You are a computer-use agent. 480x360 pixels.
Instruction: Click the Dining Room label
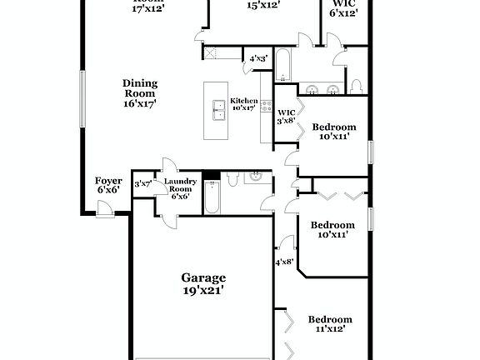[x=140, y=92]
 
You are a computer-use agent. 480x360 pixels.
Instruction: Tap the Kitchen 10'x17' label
[x=244, y=104]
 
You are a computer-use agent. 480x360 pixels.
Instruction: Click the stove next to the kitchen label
[x=267, y=106]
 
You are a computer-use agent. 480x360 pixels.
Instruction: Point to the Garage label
[x=203, y=278]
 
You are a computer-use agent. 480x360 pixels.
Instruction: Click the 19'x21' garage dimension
[x=203, y=292]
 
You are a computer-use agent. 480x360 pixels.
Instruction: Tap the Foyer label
[x=108, y=185]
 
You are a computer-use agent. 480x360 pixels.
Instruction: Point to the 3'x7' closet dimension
[x=142, y=184]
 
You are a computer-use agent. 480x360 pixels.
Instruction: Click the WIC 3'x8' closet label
[x=286, y=116]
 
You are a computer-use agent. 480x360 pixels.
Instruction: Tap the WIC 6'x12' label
[x=344, y=8]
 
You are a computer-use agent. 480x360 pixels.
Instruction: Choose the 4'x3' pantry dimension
[x=258, y=58]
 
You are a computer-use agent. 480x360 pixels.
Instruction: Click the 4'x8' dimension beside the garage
[x=284, y=262]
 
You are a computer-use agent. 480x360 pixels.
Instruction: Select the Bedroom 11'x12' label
[x=330, y=324]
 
